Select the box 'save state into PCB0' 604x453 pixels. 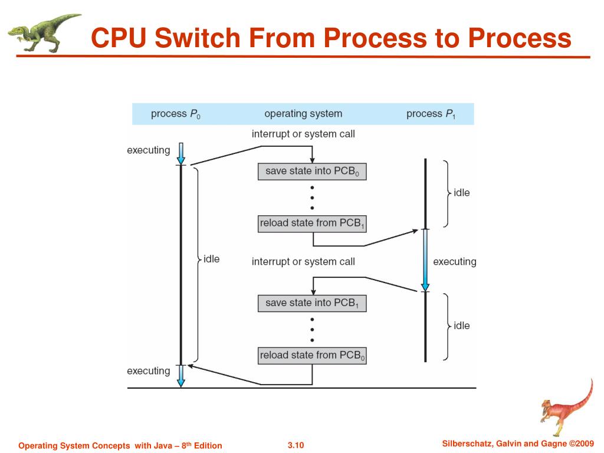[312, 172]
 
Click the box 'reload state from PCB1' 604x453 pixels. [312, 224]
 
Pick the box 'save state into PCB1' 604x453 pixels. [312, 303]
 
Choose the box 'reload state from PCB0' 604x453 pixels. [312, 356]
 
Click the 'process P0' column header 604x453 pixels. [176, 114]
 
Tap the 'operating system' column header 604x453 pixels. [303, 114]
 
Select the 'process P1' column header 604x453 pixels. [431, 114]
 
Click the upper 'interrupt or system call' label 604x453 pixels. [303, 134]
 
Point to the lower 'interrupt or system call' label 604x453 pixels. [303, 262]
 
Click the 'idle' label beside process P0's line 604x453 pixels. [212, 259]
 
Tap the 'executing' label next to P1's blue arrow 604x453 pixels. [455, 262]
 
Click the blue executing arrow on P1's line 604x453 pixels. [425, 260]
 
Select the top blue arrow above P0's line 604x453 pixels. [180, 154]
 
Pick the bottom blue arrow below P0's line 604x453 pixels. [180, 376]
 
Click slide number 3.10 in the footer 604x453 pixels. [296, 445]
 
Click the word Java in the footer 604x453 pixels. [163, 446]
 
